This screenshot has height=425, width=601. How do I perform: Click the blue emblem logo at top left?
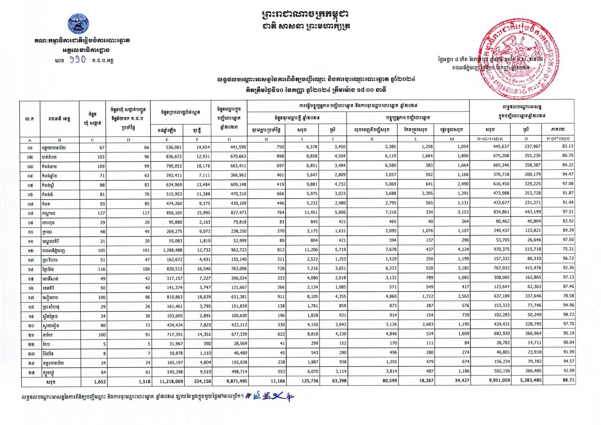[x=78, y=24]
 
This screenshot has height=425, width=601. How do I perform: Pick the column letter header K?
[x=372, y=140]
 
